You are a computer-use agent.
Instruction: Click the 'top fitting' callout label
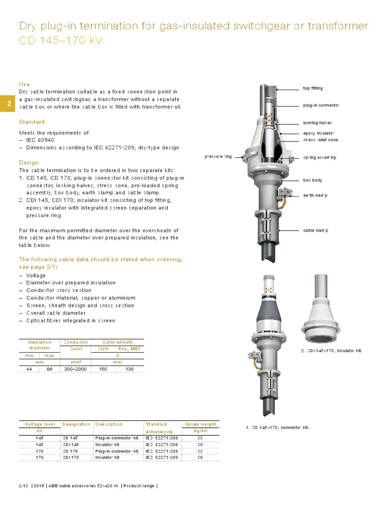click(x=313, y=88)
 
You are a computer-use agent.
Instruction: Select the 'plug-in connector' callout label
click(x=321, y=106)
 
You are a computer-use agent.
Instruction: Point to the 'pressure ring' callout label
click(x=218, y=157)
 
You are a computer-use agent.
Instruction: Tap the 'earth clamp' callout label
click(x=315, y=195)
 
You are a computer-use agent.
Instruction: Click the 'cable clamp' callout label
click(x=316, y=231)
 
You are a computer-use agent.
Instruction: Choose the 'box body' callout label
click(x=313, y=180)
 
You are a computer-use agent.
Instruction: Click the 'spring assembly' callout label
click(x=320, y=157)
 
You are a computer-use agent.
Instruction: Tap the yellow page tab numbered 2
click(x=8, y=104)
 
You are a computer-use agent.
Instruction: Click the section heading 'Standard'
click(x=31, y=122)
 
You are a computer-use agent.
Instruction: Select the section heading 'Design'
click(x=28, y=163)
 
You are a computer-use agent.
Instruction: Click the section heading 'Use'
click(x=24, y=85)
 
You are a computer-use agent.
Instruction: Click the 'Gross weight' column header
click(x=200, y=424)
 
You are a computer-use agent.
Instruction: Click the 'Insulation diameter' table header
click(x=39, y=345)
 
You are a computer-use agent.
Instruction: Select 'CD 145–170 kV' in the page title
click(x=60, y=40)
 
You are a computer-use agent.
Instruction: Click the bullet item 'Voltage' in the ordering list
click(x=35, y=275)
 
